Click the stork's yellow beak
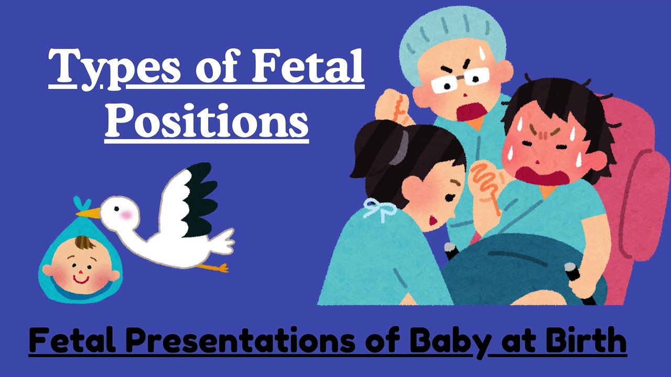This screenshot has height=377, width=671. [x=89, y=213]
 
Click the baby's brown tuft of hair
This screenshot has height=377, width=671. [x=84, y=243]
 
